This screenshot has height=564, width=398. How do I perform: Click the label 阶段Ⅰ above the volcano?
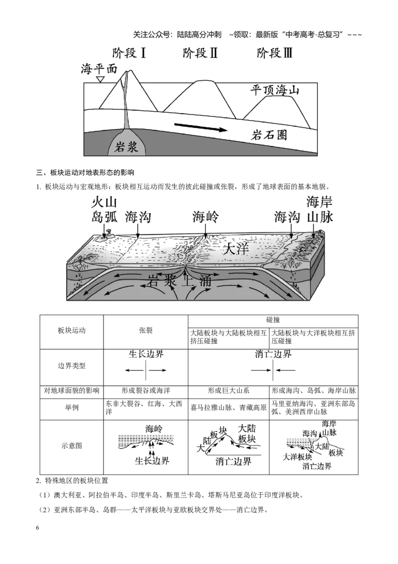129,53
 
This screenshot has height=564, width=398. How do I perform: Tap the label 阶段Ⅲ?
275,53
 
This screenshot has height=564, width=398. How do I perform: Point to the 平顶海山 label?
275,90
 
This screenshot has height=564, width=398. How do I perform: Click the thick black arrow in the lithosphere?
201,128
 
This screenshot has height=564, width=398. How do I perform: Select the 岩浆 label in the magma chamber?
126,147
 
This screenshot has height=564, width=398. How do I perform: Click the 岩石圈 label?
269,135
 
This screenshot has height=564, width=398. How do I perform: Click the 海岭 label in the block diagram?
205,217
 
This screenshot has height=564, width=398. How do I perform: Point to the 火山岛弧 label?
104,210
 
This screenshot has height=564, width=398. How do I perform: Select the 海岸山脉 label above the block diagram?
320,209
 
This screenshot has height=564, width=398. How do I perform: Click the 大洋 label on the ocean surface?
236,249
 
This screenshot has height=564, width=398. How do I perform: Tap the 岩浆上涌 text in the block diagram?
179,280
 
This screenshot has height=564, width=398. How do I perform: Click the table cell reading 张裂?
146,330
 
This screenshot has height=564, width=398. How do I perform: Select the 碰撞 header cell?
273,320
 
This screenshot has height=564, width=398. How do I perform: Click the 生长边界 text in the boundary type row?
146,354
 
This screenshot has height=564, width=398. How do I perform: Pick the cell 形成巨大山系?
228,391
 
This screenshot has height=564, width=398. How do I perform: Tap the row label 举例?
72,408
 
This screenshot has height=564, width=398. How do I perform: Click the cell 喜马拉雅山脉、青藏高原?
228,408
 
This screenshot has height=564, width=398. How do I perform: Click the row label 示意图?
72,445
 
